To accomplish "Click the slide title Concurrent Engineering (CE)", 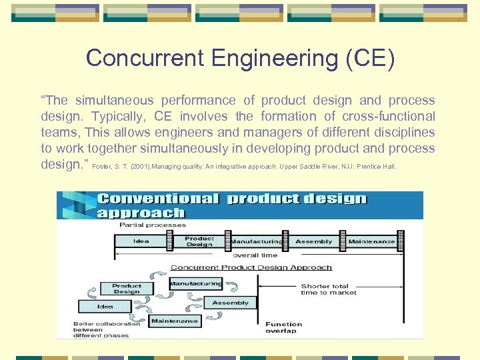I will click(240, 58).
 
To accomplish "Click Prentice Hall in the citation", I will click(379, 167).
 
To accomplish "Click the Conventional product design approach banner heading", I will click(231, 205).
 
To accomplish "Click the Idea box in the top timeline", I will click(141, 241).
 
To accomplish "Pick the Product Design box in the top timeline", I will click(199, 241).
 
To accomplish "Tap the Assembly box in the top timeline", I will click(313, 241).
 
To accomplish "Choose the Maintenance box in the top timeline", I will click(371, 241).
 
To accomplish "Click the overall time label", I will click(255, 255).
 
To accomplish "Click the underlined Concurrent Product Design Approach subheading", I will click(251, 267).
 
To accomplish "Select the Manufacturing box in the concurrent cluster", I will click(196, 283).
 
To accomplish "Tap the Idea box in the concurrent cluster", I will click(105, 306).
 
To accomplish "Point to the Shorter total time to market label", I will click(329, 289).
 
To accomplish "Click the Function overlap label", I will click(283, 327).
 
